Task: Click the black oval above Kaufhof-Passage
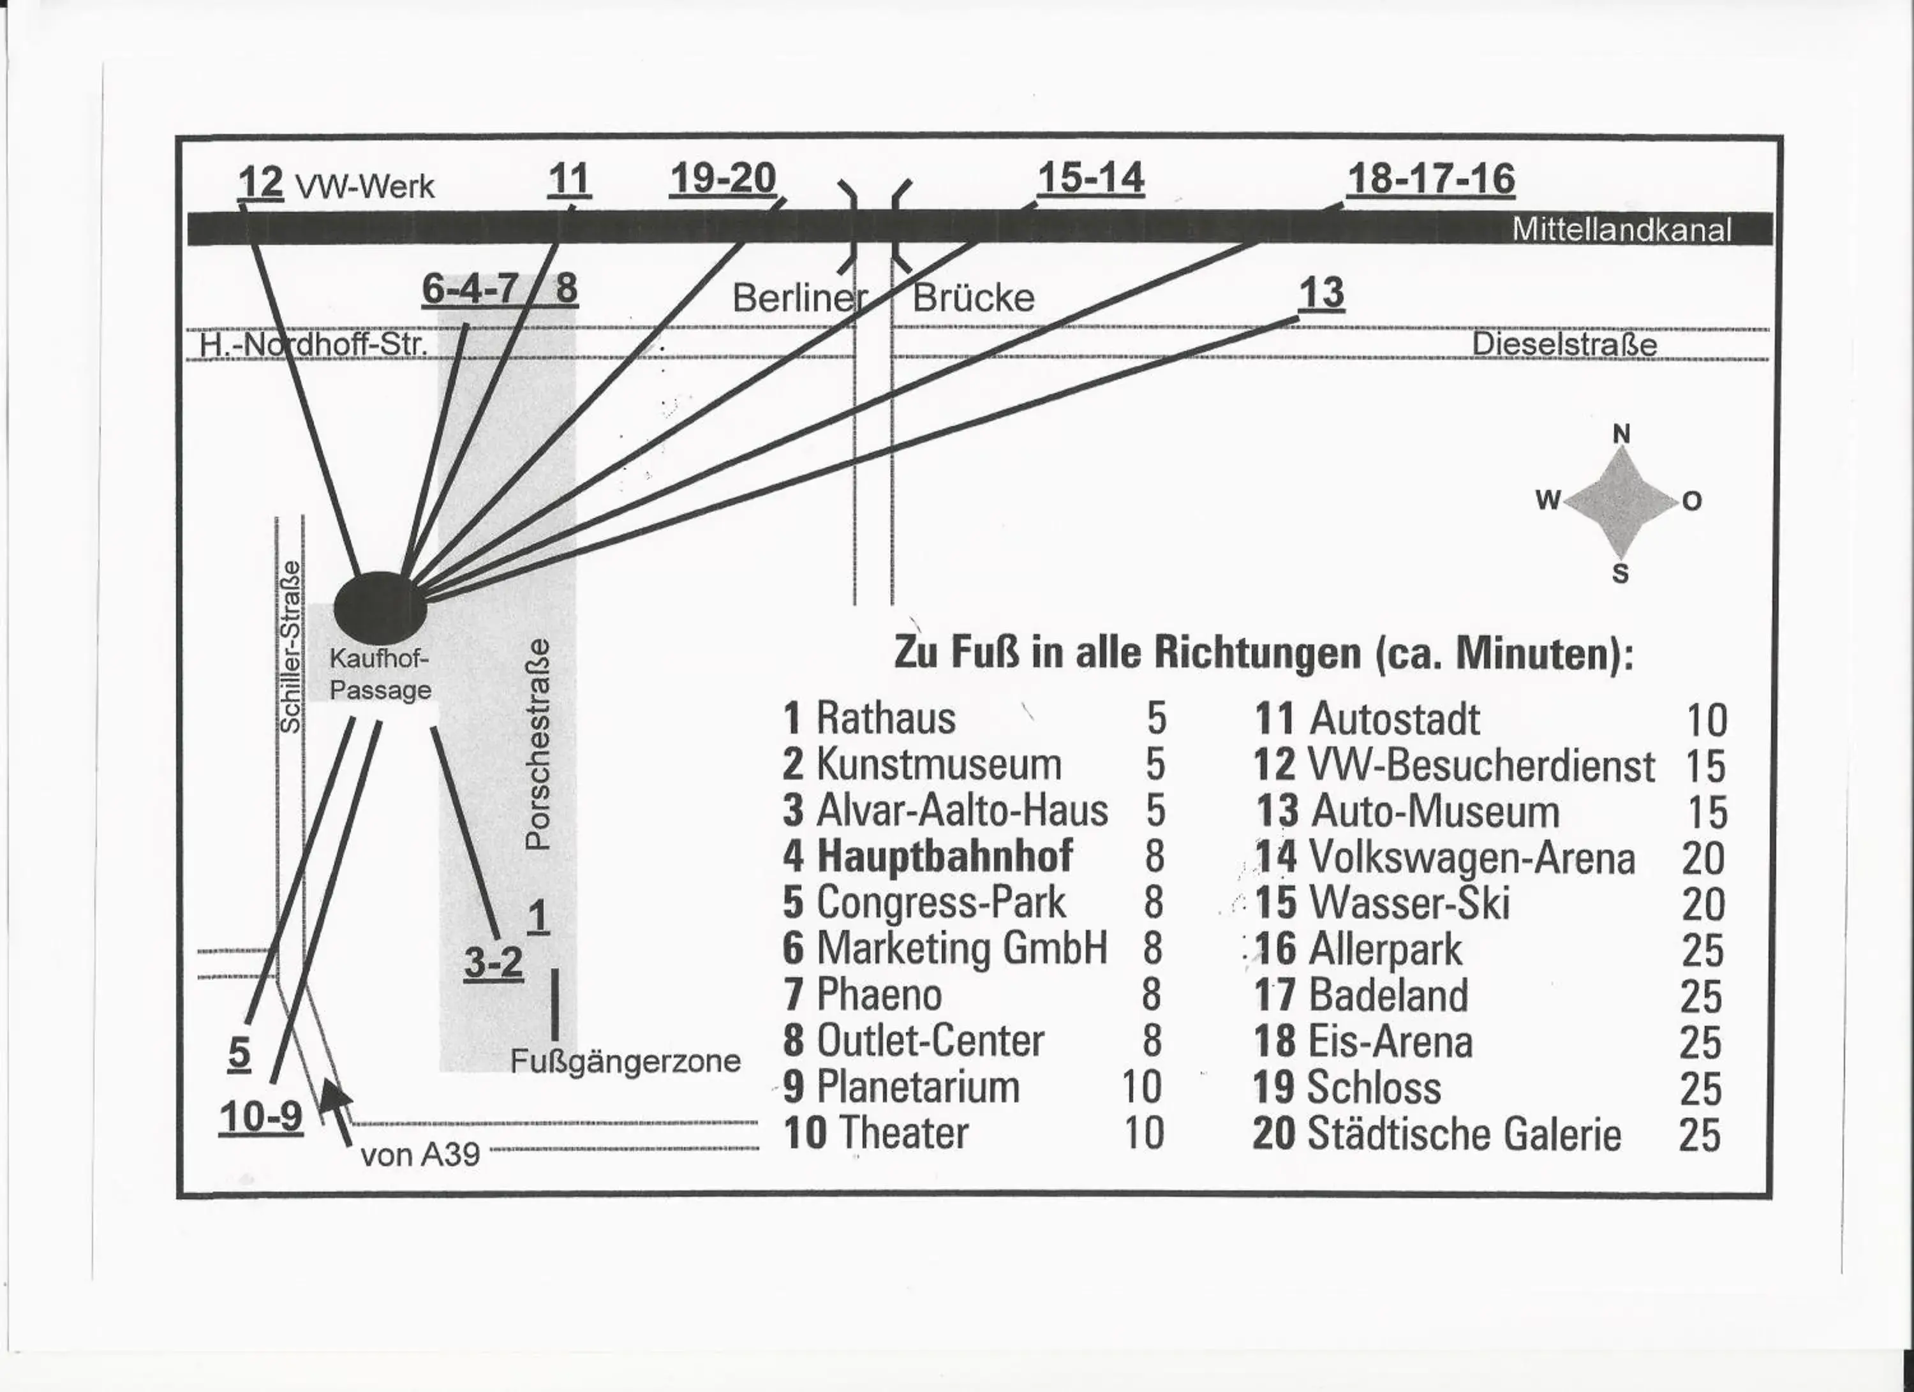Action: (x=380, y=607)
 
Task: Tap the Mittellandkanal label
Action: (x=1621, y=230)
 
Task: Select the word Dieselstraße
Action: (x=1564, y=344)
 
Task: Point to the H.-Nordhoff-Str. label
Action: (x=314, y=344)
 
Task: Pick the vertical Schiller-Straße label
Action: (x=290, y=646)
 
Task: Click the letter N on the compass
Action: (x=1621, y=434)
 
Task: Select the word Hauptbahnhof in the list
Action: (x=944, y=856)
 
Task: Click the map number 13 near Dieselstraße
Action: (x=1321, y=293)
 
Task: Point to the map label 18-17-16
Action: (x=1430, y=179)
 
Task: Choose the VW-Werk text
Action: (x=364, y=186)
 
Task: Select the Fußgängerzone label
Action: (x=625, y=1060)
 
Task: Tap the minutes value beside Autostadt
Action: (x=1707, y=720)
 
